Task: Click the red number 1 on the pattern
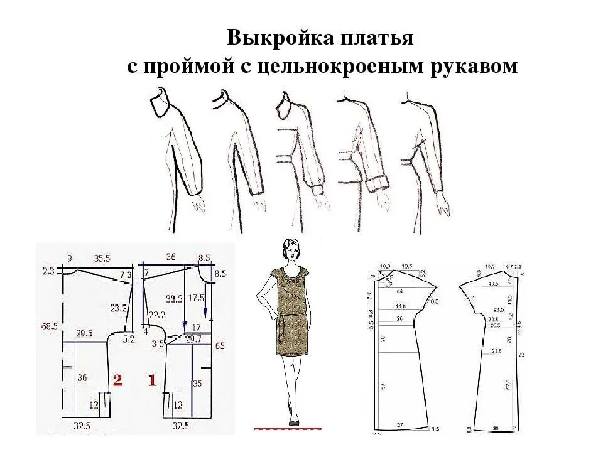[x=151, y=380]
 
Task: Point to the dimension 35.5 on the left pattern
[x=102, y=257]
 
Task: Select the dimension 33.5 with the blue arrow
[x=170, y=298]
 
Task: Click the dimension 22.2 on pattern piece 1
[x=157, y=314]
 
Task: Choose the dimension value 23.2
[x=118, y=308]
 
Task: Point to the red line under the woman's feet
[x=287, y=428]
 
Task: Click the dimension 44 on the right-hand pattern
[x=399, y=291]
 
